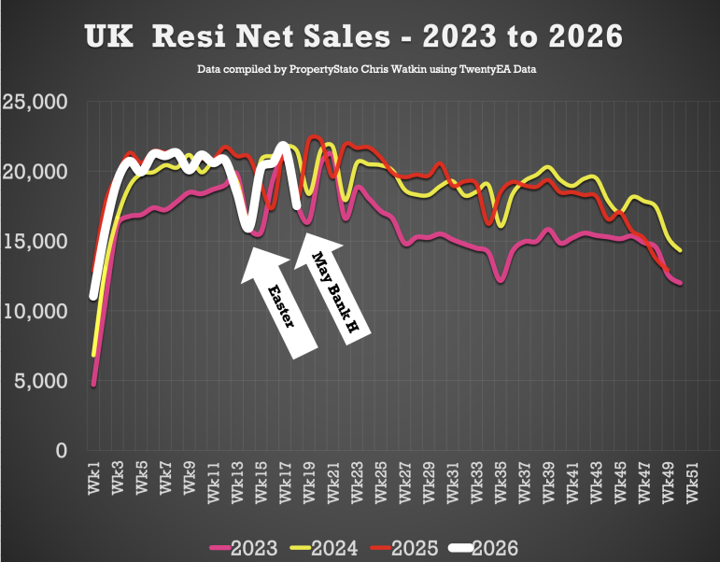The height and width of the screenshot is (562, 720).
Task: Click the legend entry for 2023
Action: coord(244,548)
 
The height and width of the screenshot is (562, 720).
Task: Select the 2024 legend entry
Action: coord(324,548)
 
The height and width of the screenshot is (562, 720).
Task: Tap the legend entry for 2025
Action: coord(404,548)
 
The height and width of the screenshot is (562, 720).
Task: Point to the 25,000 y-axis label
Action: coord(35,102)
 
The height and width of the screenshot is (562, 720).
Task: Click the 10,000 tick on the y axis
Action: coord(35,311)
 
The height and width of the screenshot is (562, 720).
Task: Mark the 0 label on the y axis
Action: coord(62,450)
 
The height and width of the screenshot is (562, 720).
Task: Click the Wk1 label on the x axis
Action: coord(93,478)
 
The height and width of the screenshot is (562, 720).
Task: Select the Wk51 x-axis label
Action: coord(692,482)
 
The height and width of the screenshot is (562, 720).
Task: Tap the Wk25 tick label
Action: coord(381,482)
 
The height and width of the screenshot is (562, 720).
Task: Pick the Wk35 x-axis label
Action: coord(500,482)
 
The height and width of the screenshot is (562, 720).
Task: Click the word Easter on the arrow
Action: coord(281,306)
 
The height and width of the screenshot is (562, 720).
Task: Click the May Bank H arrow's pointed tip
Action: coord(305,233)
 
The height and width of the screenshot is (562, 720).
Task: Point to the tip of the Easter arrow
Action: coord(252,248)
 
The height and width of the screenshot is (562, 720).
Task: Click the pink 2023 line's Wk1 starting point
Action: coord(93,385)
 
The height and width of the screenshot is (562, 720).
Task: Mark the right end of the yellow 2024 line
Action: coord(680,251)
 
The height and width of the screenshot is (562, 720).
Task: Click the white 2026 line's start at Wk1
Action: coord(93,297)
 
